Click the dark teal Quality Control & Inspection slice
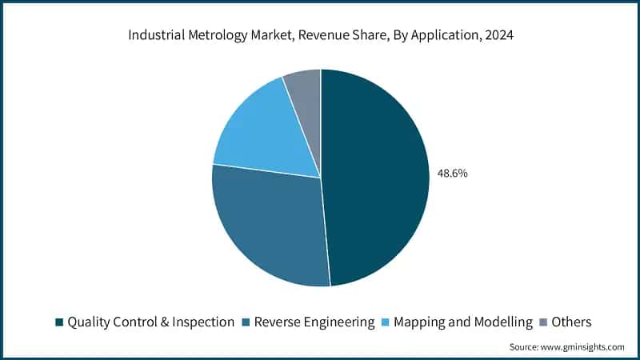[376, 176]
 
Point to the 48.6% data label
[452, 172]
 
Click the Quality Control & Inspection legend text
[150, 322]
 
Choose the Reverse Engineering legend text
[314, 322]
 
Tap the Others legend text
[571, 322]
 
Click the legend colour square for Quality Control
[58, 322]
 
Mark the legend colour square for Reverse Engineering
[246, 322]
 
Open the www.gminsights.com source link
[583, 347]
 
